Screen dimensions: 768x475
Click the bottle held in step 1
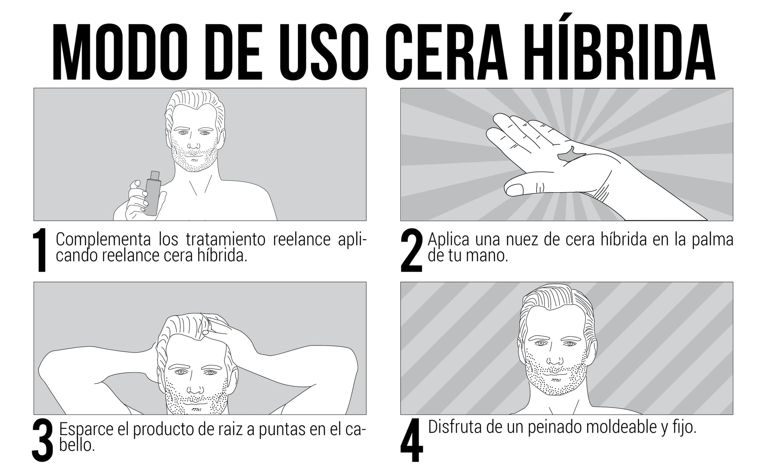[152, 193]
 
